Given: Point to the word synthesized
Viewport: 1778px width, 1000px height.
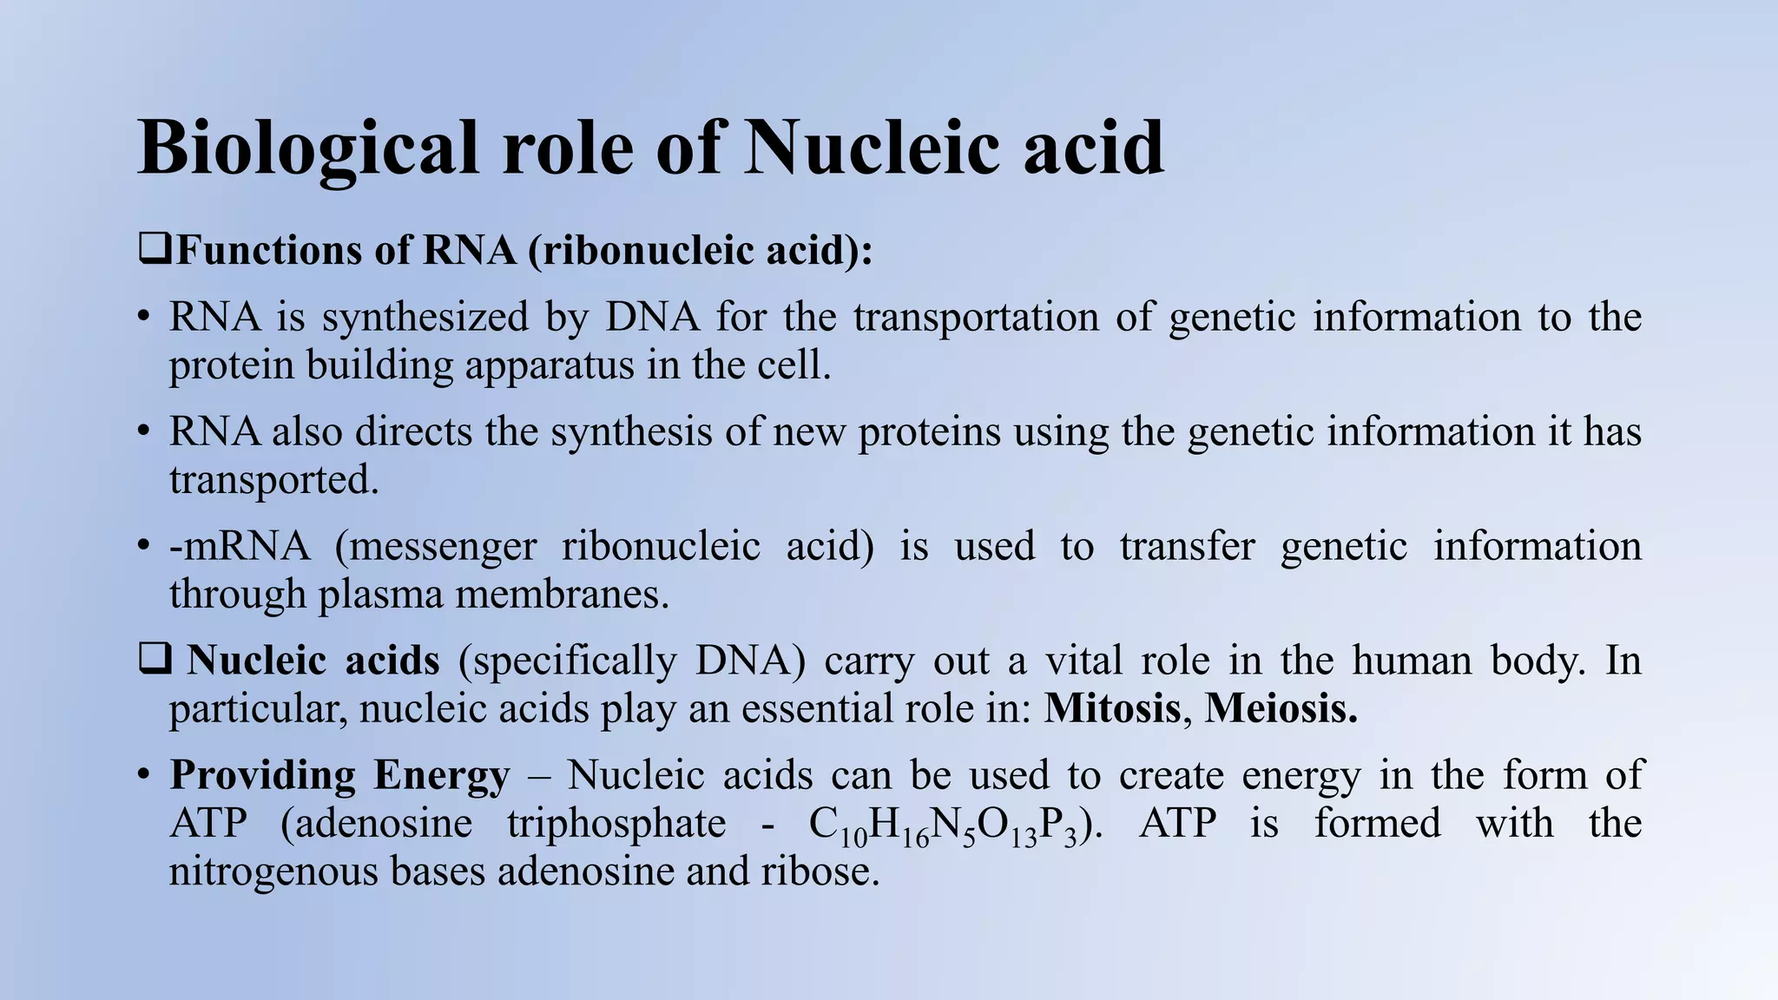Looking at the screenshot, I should click(x=425, y=318).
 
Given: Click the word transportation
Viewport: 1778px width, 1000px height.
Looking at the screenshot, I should click(x=976, y=318).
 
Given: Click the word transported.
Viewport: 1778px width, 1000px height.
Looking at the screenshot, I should click(x=273, y=480).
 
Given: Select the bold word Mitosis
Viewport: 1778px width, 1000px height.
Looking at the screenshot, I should click(x=1112, y=708).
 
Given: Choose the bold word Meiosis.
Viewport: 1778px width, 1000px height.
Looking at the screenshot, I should click(x=1281, y=708).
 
